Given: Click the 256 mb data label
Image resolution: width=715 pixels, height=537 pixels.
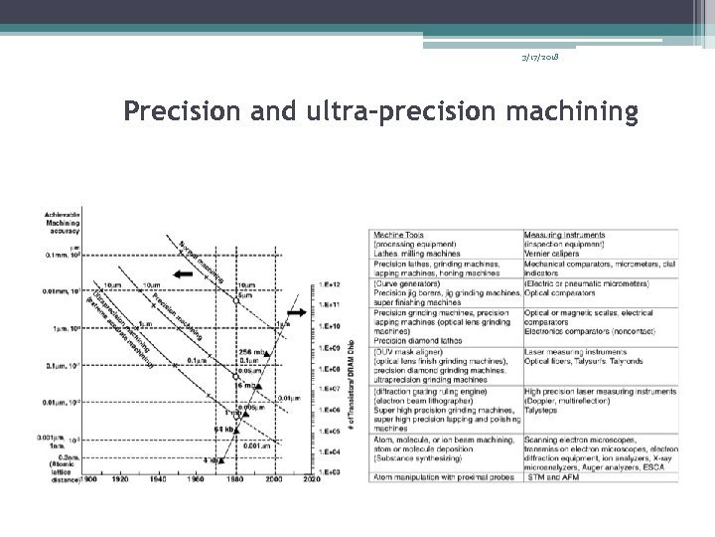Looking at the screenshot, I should [248, 353].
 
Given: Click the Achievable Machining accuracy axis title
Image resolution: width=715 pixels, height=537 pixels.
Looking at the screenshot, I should [64, 221].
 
